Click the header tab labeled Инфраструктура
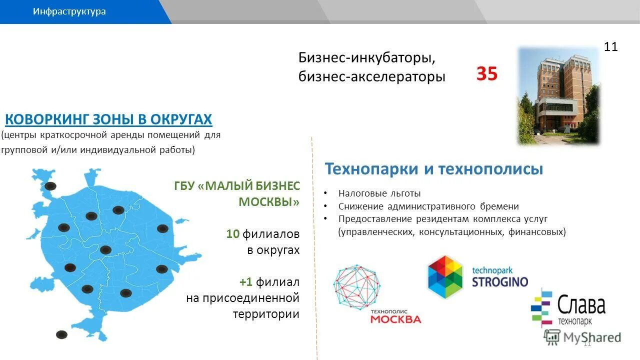point(69,11)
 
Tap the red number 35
point(486,74)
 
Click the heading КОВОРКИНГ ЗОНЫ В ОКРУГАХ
point(108,119)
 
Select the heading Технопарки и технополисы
point(433,169)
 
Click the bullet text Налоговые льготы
point(379,193)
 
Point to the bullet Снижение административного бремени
point(428,206)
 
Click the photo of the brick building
point(558,96)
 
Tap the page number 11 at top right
point(610,47)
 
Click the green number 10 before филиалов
point(232,234)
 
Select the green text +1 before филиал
point(245,282)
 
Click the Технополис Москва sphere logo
point(357,285)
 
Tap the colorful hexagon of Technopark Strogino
point(445,277)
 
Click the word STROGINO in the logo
point(499,281)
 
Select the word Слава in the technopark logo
point(580,305)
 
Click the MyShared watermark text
point(591,337)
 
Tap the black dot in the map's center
point(105,250)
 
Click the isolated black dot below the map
point(61,334)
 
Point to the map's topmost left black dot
point(50,186)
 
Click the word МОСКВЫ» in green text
point(269,202)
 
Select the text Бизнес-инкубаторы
point(367,57)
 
